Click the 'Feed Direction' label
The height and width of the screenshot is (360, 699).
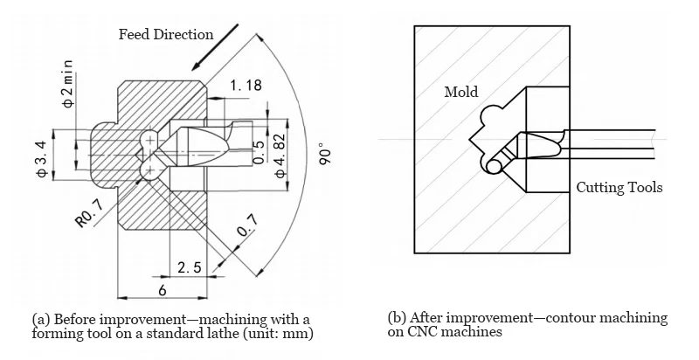click(166, 35)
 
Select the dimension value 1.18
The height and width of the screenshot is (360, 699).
click(246, 86)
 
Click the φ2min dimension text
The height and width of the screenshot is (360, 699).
click(69, 84)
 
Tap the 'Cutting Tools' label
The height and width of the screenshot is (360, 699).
click(619, 188)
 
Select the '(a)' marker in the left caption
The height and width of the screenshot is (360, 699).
click(41, 318)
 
